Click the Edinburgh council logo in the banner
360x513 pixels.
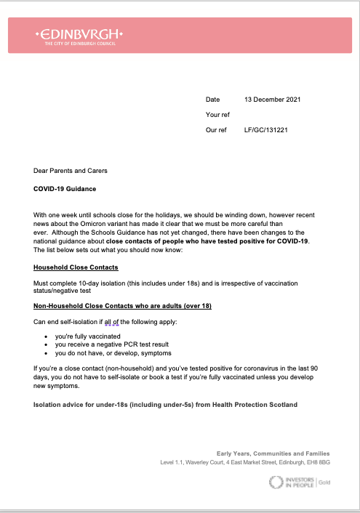click(x=79, y=36)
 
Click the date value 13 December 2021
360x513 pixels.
click(x=272, y=99)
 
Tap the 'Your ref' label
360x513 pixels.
click(x=217, y=115)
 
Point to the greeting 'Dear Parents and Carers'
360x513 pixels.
click(x=71, y=171)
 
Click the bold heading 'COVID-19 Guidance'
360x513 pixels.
click(x=65, y=189)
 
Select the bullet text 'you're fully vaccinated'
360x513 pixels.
click(x=81, y=337)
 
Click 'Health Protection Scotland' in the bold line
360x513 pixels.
click(x=252, y=404)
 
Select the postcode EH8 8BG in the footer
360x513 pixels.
click(x=315, y=462)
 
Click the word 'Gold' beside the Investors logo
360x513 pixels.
click(x=324, y=482)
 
